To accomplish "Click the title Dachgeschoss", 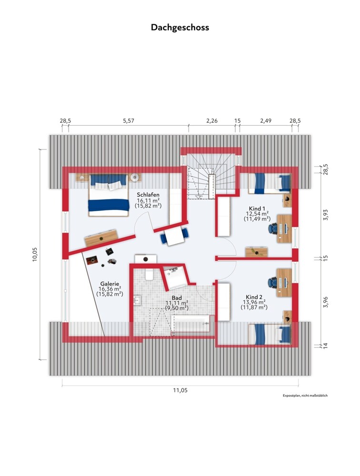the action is coord(180,27).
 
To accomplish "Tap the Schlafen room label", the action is coord(148,195).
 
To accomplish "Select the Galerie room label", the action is coord(110,284).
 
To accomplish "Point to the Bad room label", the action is coord(177,298).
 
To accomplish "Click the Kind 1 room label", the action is coord(257,208).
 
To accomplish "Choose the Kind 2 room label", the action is coord(254,297).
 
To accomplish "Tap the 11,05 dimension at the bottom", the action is coord(180,390).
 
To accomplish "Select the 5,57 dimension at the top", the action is coord(128,121).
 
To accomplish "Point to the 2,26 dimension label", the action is coord(212,121).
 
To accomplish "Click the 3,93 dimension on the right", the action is coord(325,215).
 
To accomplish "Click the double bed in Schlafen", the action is coord(108,195).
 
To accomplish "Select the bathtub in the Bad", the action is coord(190,323).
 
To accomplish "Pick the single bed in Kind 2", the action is coord(270,334).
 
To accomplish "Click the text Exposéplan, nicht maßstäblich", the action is coord(305,396).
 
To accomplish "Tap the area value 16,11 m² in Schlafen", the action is coord(148,200).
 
